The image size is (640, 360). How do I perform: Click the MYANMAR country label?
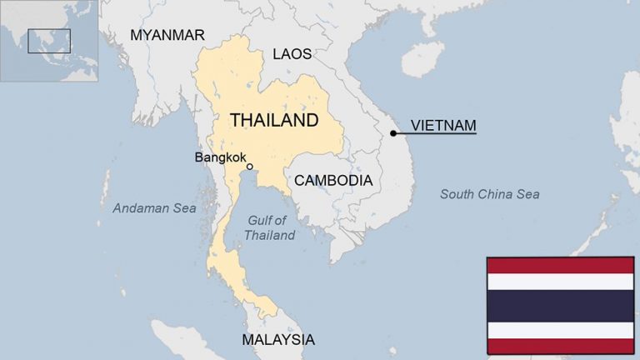[x=167, y=35]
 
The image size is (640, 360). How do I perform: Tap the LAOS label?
[x=292, y=54]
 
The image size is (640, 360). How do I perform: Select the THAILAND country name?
[x=274, y=120]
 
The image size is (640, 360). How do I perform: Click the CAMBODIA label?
[x=332, y=180]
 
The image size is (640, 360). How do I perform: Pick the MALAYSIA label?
[x=278, y=339]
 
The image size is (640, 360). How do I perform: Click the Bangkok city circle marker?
[x=250, y=167]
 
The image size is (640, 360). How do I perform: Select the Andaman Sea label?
[x=154, y=208]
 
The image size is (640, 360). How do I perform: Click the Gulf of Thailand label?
[x=269, y=227]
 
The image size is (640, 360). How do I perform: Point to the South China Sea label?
[x=489, y=194]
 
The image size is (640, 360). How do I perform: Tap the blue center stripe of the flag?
[x=560, y=306]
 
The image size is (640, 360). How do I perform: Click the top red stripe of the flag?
[x=560, y=265]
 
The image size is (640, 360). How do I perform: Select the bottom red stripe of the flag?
[x=560, y=346]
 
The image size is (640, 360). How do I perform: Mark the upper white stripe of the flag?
[x=560, y=281]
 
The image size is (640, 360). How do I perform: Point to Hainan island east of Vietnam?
[x=422, y=59]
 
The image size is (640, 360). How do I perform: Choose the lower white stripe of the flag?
[x=560, y=330]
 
